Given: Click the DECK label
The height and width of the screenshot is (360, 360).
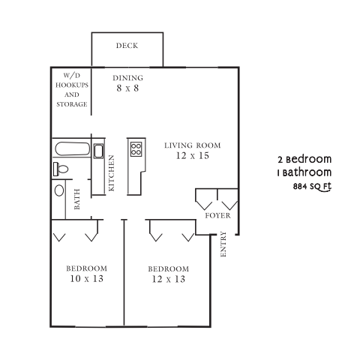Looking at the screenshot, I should coord(127,46).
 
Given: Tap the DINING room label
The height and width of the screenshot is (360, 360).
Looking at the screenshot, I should coord(127,78).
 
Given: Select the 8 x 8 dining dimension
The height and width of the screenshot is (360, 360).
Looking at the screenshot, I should coord(127,88).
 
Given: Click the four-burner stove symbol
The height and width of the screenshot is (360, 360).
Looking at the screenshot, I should coord(136,148).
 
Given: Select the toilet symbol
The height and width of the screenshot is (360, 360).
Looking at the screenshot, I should coord(61,169).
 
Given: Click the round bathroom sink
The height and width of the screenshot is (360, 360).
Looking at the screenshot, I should coord(59,190).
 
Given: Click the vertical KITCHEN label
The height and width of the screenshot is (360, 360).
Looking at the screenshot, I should coord(111,173).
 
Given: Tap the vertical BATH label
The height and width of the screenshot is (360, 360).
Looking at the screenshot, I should coord(77,199).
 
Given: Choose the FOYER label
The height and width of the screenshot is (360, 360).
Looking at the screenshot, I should coord(217,216).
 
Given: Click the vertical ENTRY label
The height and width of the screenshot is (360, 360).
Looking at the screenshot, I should coord(223,247).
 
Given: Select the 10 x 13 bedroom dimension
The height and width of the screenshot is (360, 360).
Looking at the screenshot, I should coord(86,279).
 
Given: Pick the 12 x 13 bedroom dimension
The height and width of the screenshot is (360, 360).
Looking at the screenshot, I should coord(167,279).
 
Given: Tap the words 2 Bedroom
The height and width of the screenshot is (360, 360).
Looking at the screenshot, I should coord(304,160).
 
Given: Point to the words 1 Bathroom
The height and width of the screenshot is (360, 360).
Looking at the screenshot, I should coord(304,172).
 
